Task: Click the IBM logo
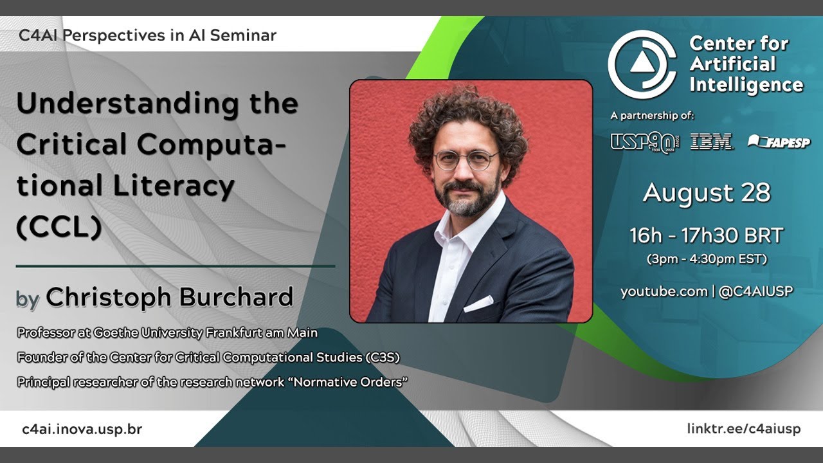tap(711, 142)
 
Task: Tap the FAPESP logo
tap(779, 142)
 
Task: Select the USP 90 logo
tap(644, 142)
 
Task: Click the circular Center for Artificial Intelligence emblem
tap(642, 64)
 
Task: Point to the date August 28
tap(706, 193)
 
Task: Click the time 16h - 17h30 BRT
tap(706, 236)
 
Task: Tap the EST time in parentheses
tap(706, 260)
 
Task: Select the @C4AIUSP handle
tap(755, 291)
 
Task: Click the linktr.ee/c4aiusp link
tap(743, 429)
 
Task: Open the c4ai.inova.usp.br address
tap(82, 429)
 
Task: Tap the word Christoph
tap(109, 297)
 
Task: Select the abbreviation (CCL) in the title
tap(59, 227)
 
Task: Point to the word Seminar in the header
tap(242, 35)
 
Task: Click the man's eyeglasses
tap(465, 159)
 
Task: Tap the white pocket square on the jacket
tap(478, 304)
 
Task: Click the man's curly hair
tap(468, 116)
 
